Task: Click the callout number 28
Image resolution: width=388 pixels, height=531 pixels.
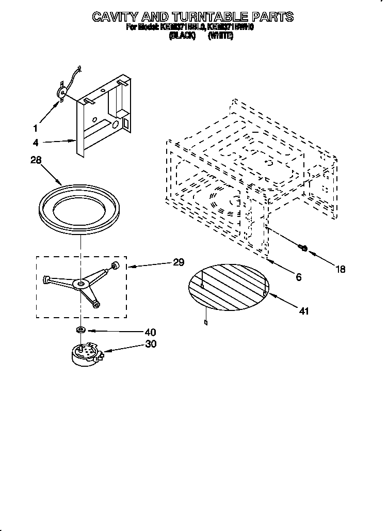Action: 35,161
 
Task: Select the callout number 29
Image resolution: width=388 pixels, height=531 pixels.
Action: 179,262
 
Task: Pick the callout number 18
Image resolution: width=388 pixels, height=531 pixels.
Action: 340,269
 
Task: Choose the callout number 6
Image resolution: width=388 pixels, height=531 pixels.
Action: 298,277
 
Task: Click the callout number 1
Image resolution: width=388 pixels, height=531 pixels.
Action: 35,128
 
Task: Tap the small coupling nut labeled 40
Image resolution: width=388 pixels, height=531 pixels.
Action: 80,329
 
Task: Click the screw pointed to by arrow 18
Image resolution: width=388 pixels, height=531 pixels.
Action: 303,248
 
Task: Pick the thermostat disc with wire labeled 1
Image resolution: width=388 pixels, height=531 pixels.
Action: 62,92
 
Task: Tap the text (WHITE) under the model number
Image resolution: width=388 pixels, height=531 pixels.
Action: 220,36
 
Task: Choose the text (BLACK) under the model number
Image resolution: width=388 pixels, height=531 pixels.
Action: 182,36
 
